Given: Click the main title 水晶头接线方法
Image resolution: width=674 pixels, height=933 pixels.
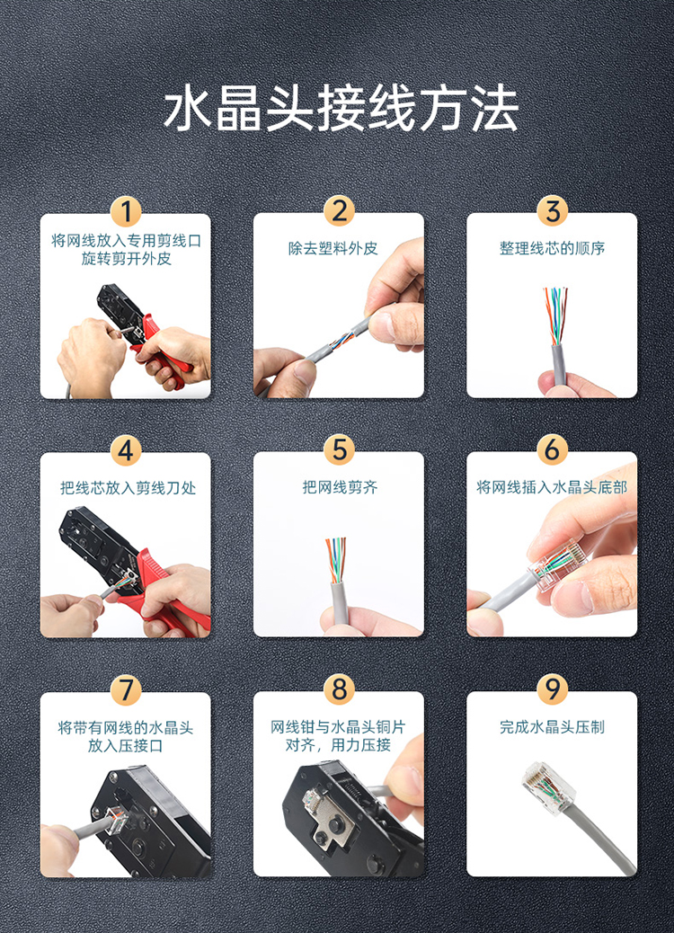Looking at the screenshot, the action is coord(341,109).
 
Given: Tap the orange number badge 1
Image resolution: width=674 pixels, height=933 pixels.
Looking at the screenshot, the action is coord(126,211).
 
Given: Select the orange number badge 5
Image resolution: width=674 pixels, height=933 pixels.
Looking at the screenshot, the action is coord(339,449).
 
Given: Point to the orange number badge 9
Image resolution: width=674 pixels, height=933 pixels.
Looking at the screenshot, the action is coord(552,689).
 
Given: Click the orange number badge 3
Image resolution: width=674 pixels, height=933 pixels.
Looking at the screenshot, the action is coord(552,211).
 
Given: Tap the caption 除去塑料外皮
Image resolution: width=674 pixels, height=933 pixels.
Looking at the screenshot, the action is coord(333,248).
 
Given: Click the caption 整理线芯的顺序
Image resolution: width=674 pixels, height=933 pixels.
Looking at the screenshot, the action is coord(552,248).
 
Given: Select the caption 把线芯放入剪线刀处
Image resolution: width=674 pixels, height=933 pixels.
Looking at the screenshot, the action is coord(128,488).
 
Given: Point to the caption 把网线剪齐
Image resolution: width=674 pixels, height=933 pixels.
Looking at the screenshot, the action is coord(340,487).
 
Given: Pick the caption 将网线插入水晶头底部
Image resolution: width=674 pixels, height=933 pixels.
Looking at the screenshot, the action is coord(552,487).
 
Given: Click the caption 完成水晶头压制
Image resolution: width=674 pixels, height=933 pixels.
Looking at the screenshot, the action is coord(552,726).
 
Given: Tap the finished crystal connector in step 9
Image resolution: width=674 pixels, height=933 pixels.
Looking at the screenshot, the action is coord(545,786).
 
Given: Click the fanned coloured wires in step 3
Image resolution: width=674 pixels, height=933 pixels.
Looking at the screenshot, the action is coord(555,315).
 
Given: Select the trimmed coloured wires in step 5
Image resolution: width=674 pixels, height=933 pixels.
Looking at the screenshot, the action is coord(336,559).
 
